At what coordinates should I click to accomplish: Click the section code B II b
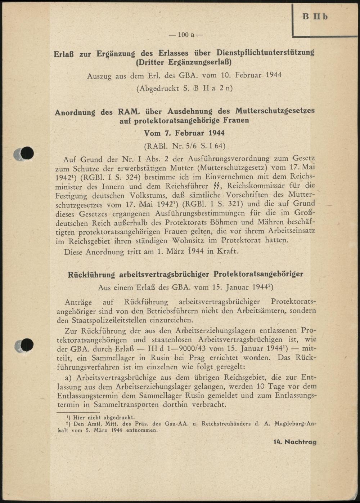315,17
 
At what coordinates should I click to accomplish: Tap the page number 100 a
186,35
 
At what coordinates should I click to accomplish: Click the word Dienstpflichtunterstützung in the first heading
265,53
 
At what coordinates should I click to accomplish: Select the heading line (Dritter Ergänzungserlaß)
184,62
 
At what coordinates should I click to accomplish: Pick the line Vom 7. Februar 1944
184,133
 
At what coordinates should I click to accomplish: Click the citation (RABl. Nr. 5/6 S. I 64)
184,146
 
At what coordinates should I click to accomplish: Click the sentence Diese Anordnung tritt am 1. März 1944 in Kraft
151,251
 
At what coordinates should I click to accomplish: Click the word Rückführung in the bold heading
91,275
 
